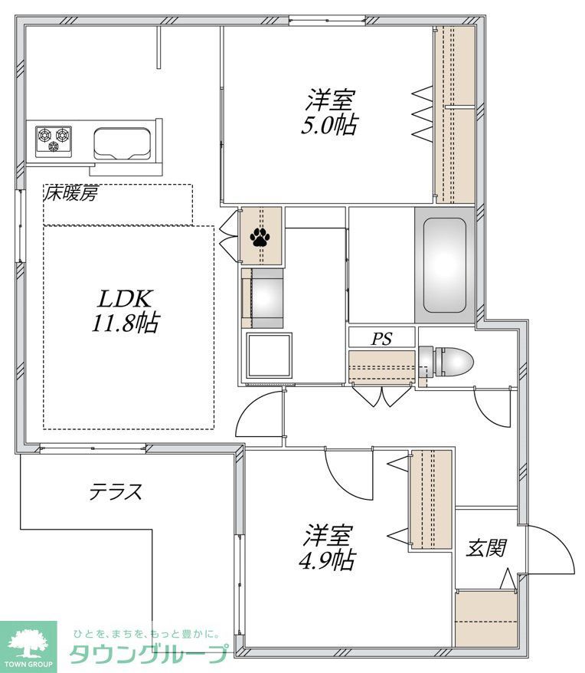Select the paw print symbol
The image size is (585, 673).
260,237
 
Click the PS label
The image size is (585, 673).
381,338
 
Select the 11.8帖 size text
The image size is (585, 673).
125,324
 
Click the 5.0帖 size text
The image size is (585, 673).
329,125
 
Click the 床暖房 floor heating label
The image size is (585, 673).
70,194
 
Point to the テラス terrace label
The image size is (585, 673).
116,491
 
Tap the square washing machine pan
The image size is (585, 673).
269,356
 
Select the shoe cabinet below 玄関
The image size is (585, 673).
487,619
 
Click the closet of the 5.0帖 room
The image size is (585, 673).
455,115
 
